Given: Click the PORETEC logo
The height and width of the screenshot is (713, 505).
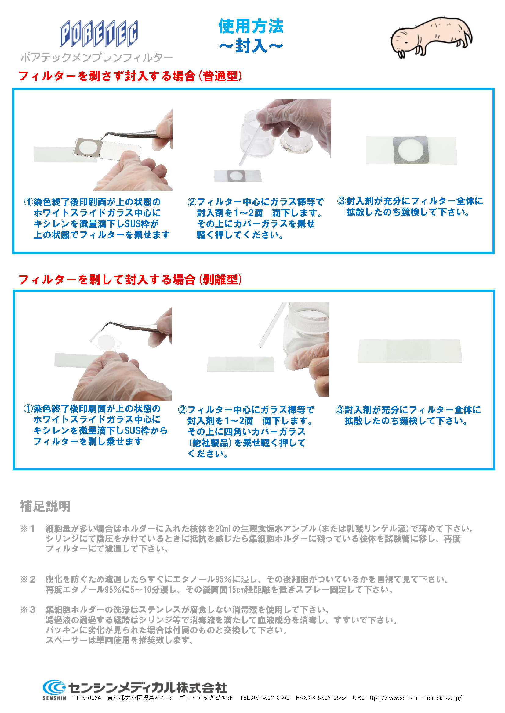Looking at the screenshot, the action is pos(99,34).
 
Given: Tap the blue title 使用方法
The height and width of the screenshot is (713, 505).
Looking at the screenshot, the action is pos(251,26).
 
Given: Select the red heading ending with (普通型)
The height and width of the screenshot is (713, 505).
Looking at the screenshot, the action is pos(130,76).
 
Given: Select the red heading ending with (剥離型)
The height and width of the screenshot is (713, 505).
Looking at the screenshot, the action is pos(130,280).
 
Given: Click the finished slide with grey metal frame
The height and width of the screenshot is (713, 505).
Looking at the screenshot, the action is pos(411,150).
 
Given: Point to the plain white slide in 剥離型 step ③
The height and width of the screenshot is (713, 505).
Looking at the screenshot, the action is pos(410,351).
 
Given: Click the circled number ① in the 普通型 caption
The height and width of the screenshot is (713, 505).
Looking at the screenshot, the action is pos(29,202).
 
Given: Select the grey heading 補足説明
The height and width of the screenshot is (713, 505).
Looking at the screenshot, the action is pos(45,506).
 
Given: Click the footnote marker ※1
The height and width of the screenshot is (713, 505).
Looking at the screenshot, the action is pos(28,528).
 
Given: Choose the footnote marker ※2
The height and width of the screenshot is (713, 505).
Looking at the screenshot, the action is pos(28,579).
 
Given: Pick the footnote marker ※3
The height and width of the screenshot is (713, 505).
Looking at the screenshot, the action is pos(28,610).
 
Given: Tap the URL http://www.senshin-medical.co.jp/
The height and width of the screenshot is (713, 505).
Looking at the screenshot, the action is pos(414,698).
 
